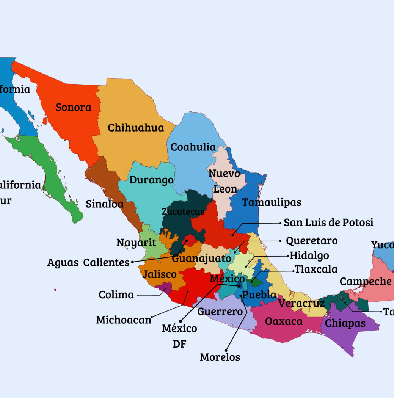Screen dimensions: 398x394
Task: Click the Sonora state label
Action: click(x=74, y=107)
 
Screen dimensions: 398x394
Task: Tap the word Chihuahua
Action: click(x=136, y=128)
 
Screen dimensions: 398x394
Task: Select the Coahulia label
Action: click(x=193, y=147)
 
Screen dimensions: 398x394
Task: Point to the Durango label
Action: click(x=151, y=180)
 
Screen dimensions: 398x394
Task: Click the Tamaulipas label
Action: click(x=272, y=202)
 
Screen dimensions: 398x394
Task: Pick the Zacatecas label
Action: click(x=183, y=212)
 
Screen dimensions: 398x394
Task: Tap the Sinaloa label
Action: click(x=105, y=204)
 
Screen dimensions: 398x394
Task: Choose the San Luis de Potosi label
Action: click(x=328, y=223)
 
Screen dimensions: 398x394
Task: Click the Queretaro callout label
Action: click(x=311, y=241)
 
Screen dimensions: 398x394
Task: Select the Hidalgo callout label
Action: click(x=309, y=255)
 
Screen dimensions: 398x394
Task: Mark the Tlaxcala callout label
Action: click(x=316, y=269)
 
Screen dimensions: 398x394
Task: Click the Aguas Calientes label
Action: click(x=88, y=262)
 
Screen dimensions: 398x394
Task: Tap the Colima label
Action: click(x=116, y=295)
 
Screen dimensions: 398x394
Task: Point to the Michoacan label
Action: click(x=124, y=320)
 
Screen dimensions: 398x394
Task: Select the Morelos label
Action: click(x=220, y=357)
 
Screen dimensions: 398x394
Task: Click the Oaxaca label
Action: click(x=284, y=321)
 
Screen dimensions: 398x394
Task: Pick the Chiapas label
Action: click(x=345, y=323)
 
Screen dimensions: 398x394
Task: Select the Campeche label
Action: click(x=366, y=282)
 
